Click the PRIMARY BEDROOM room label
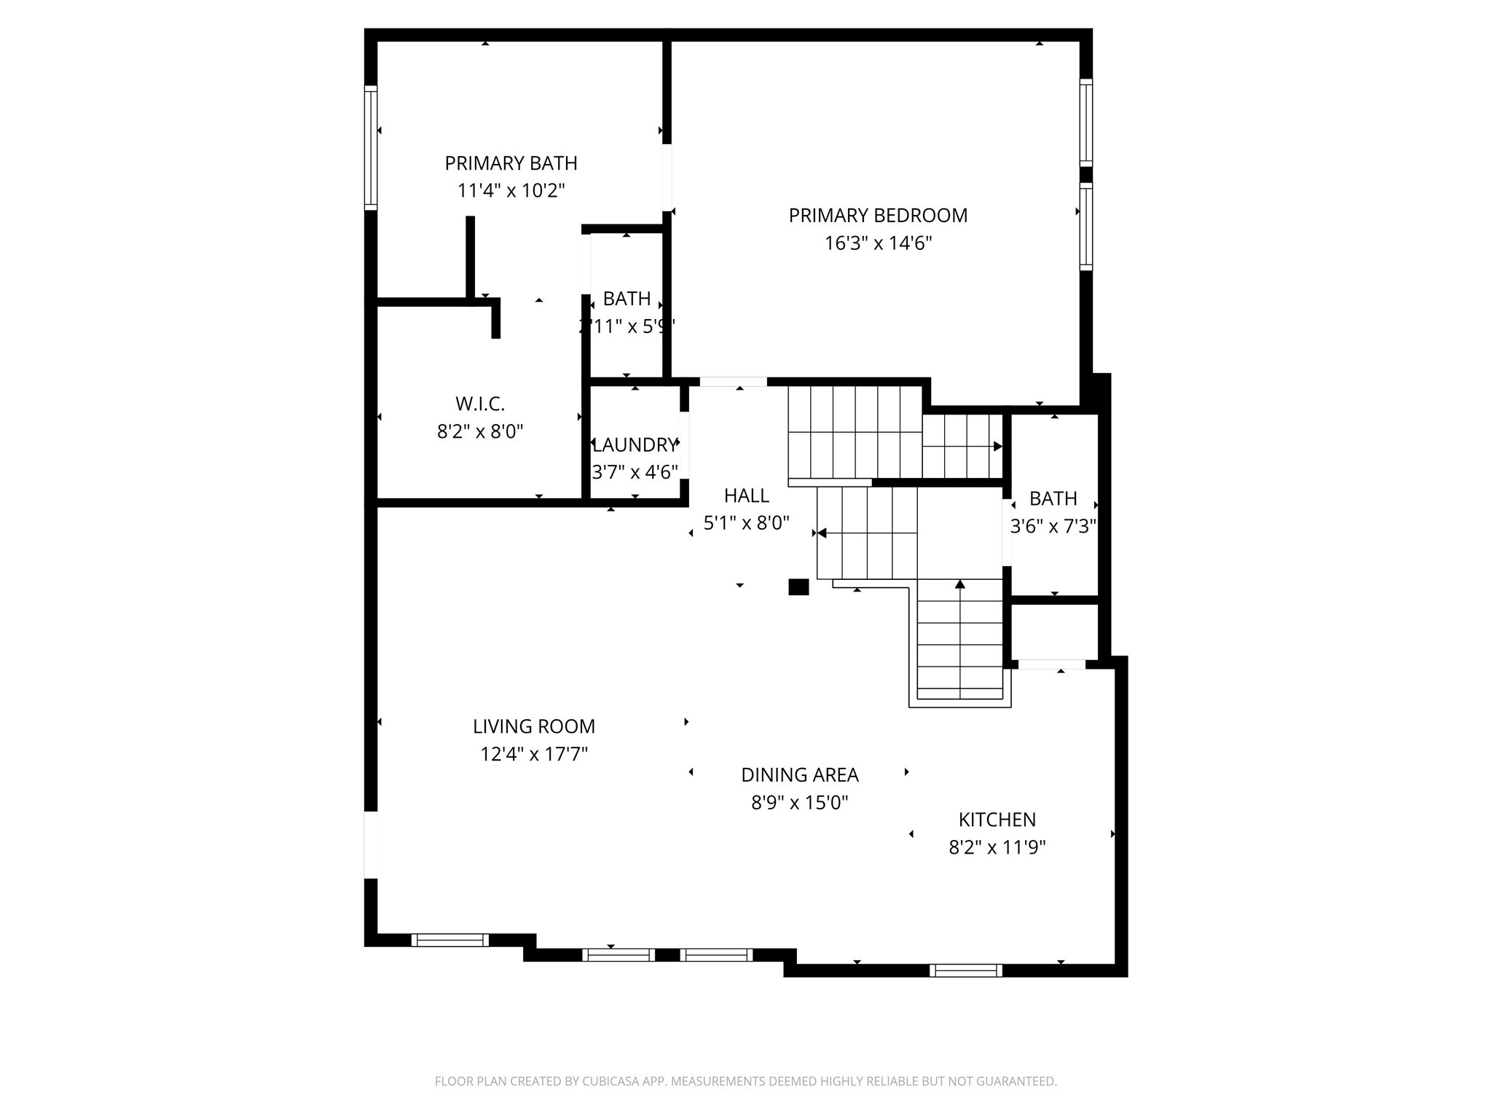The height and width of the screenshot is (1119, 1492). coord(878,216)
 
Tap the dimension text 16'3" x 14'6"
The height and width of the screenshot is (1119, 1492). coord(878,243)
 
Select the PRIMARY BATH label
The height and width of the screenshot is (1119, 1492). coord(511,163)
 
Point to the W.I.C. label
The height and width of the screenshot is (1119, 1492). coord(479,404)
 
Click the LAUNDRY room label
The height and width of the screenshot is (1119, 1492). coord(635,445)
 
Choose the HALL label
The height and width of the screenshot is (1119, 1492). coord(746,496)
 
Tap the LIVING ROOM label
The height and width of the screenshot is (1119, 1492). coord(533,726)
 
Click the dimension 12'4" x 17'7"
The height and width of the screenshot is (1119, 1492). coord(533,754)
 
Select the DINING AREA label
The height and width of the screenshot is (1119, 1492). coord(799,775)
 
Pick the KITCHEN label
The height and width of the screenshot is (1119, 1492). coord(997,820)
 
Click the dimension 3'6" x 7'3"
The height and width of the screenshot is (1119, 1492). coord(1053,527)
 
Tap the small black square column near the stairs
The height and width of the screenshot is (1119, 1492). coord(798,587)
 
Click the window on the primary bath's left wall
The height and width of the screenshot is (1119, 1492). coord(371,148)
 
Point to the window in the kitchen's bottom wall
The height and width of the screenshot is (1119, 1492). coord(965,970)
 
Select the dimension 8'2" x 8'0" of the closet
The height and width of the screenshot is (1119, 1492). coord(479,432)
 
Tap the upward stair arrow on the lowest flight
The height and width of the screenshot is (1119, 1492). coord(959,584)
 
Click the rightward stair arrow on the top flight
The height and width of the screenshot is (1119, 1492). coord(997,447)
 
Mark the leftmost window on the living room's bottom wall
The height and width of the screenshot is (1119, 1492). coord(449,940)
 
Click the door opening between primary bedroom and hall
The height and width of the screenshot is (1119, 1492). coord(733,382)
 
